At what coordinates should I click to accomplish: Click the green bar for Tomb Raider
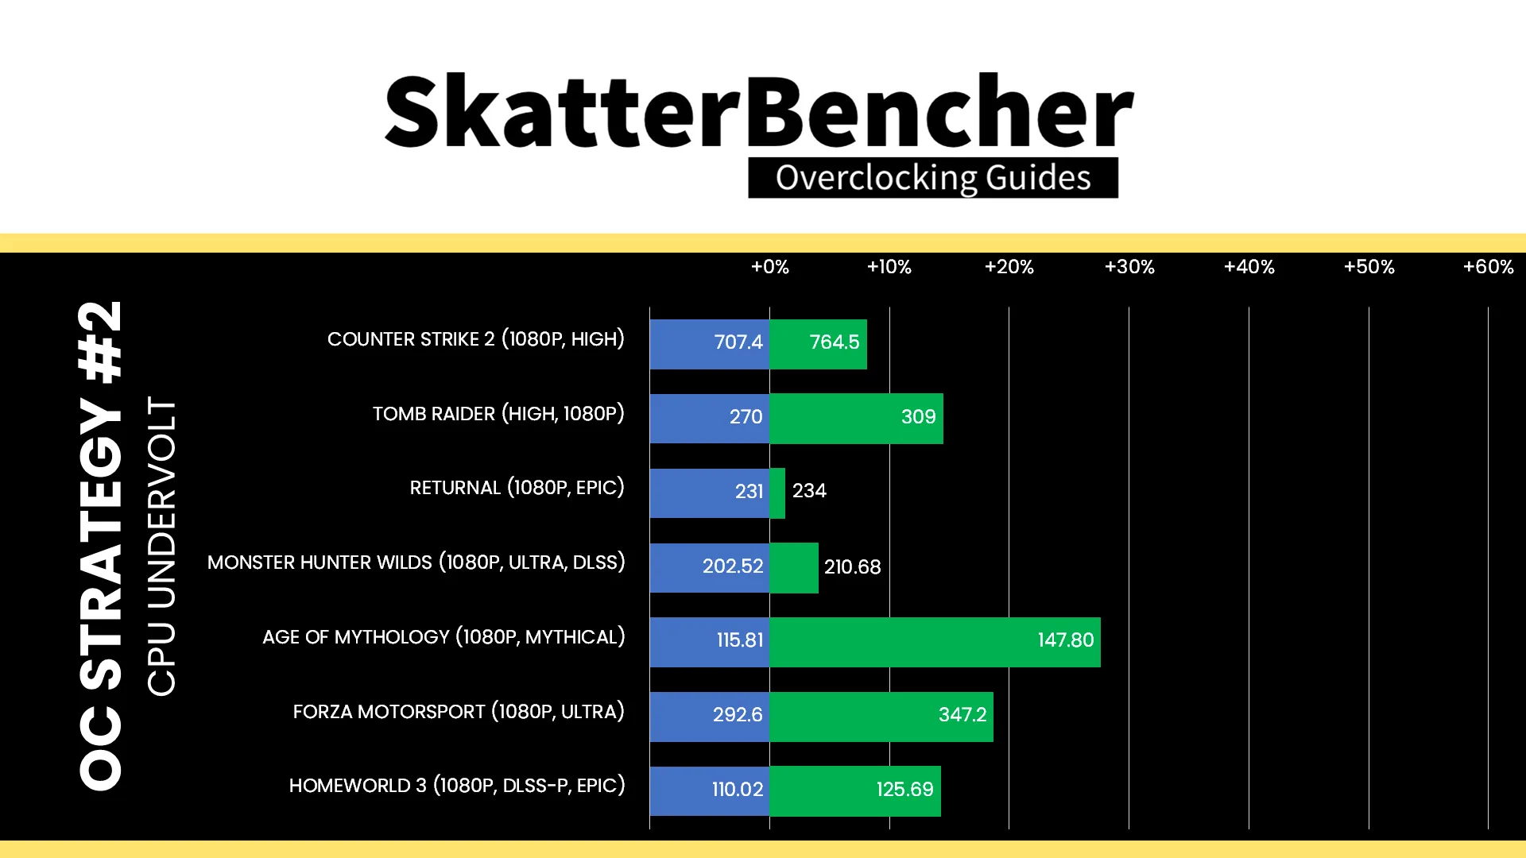(856, 418)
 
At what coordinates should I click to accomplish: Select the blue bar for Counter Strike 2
(710, 344)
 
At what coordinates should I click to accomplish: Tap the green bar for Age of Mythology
(935, 642)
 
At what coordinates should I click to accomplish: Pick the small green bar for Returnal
(777, 493)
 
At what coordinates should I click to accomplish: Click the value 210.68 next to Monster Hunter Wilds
(852, 566)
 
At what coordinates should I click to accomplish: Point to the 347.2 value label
(962, 714)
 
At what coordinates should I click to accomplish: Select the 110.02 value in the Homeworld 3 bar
(738, 789)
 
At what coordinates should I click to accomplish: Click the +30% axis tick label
(1129, 267)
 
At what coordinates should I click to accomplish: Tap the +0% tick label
(770, 267)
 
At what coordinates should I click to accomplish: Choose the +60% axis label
(1489, 267)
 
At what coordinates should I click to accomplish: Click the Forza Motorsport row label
(459, 711)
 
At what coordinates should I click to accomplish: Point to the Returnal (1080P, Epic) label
(517, 487)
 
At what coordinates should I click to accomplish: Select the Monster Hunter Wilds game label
(416, 562)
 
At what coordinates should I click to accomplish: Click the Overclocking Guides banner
(933, 178)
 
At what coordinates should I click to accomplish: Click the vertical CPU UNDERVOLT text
(161, 547)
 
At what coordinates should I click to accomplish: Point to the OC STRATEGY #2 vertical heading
(101, 546)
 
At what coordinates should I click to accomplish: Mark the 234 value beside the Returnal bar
(809, 490)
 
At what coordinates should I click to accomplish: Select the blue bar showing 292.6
(710, 717)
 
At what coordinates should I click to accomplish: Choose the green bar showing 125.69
(855, 791)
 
